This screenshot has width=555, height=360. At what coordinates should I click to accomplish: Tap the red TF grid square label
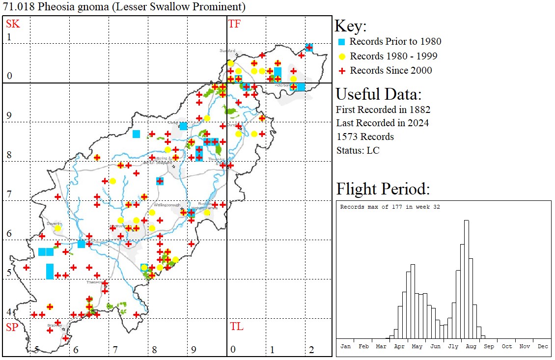[235, 24]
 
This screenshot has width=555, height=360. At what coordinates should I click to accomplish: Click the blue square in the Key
[342, 42]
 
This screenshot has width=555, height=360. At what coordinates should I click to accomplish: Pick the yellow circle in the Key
[342, 56]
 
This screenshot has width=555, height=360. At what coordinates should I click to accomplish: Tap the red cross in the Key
[342, 71]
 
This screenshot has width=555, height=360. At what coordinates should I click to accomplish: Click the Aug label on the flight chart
[471, 346]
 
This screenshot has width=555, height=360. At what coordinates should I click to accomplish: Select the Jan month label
[345, 346]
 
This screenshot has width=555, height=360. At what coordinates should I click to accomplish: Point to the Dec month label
[543, 346]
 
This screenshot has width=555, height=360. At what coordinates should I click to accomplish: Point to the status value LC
[373, 150]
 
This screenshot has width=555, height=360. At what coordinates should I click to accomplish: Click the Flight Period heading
[383, 189]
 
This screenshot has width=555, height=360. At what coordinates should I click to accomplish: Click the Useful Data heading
[379, 94]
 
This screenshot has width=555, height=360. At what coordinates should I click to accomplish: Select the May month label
[417, 346]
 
